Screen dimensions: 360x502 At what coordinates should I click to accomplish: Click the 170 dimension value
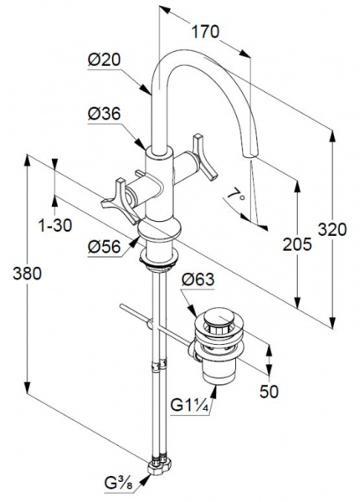[x=205, y=32]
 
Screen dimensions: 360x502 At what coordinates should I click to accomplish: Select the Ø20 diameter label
[x=104, y=59]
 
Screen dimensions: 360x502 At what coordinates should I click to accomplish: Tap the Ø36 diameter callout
[x=104, y=114]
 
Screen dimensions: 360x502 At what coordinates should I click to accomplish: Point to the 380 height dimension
[x=28, y=274]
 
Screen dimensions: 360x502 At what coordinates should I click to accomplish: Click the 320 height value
[x=332, y=229]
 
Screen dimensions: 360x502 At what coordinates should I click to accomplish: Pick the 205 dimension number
[x=297, y=244]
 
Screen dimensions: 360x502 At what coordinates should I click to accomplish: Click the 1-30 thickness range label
[x=55, y=225]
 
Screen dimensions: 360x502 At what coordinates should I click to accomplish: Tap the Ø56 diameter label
[x=104, y=247]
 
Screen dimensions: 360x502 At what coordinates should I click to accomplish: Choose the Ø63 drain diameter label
[x=198, y=279]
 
